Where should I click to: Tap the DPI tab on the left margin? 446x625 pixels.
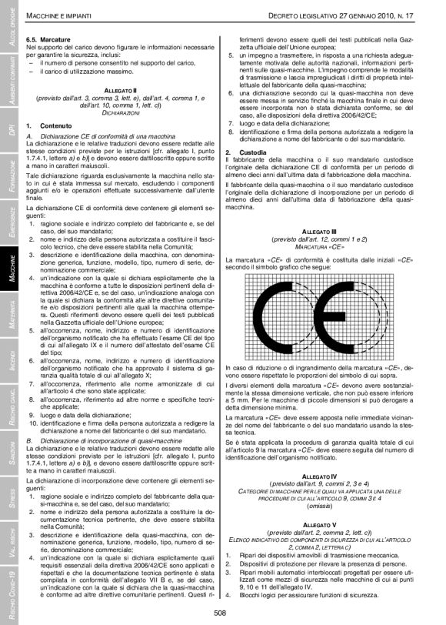click(9, 127)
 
